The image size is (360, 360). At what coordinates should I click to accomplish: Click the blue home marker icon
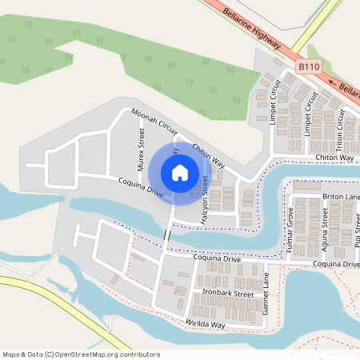click(180, 172)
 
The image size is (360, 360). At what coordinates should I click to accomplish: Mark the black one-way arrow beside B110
click(331, 80)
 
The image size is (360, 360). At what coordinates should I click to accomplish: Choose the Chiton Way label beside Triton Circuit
click(334, 158)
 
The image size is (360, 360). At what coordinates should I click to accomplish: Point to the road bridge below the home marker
click(167, 238)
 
